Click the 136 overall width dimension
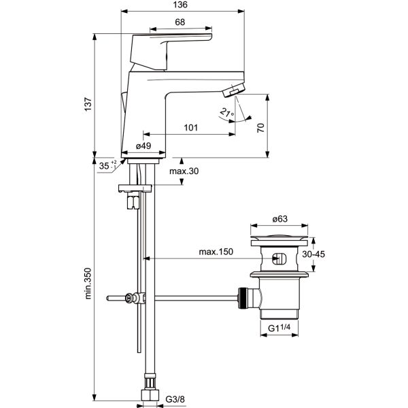click(180, 5)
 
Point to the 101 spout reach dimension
click(192, 126)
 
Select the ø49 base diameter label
click(143, 145)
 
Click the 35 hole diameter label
click(103, 165)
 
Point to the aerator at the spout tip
click(235, 90)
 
